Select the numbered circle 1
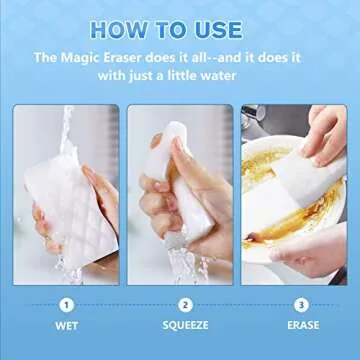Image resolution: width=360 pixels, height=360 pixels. (x=65, y=304)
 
